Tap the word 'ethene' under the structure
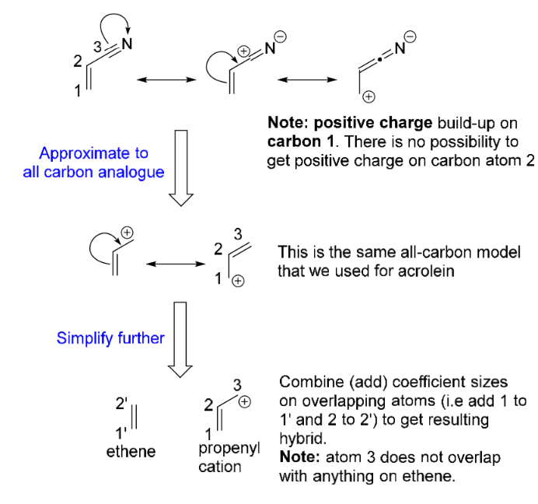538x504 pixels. tap(131, 450)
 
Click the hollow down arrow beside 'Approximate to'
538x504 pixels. tap(180, 168)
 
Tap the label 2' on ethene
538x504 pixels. tap(120, 405)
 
